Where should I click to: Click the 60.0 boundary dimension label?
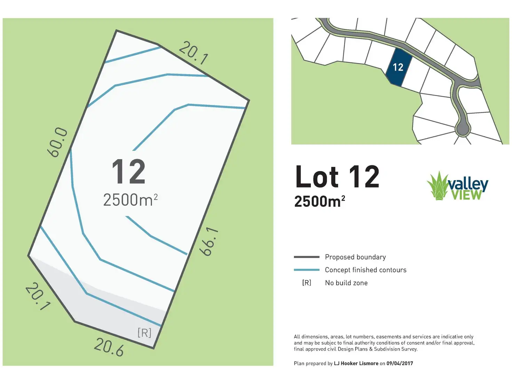[57, 142]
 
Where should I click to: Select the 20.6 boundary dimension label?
[109, 347]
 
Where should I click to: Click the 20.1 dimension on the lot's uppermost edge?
[194, 53]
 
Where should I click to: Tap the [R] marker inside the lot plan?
[144, 333]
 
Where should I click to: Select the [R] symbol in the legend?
[306, 283]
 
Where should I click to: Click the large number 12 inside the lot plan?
[128, 172]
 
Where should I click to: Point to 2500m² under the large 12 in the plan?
[130, 200]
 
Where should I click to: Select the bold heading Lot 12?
[337, 177]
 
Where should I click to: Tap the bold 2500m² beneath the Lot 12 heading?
[319, 201]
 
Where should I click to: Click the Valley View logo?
[457, 186]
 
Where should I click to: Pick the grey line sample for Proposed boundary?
[306, 257]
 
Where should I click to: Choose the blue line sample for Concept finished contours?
[306, 270]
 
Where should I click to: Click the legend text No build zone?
[346, 283]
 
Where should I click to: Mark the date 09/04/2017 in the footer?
[400, 363]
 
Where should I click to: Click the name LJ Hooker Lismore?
[356, 363]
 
